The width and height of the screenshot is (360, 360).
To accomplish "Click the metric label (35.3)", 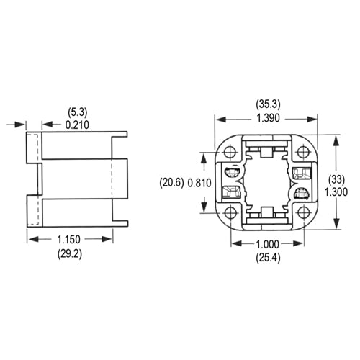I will [x=268, y=104].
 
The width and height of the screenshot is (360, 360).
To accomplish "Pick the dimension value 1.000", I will [x=267, y=244].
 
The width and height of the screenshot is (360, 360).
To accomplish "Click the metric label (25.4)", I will [x=267, y=256].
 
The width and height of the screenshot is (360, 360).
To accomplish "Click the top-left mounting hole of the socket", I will [x=231, y=153].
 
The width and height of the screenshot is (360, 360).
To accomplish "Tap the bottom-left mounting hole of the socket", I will [x=231, y=214].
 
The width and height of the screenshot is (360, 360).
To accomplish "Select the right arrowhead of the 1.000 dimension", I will [x=301, y=244].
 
